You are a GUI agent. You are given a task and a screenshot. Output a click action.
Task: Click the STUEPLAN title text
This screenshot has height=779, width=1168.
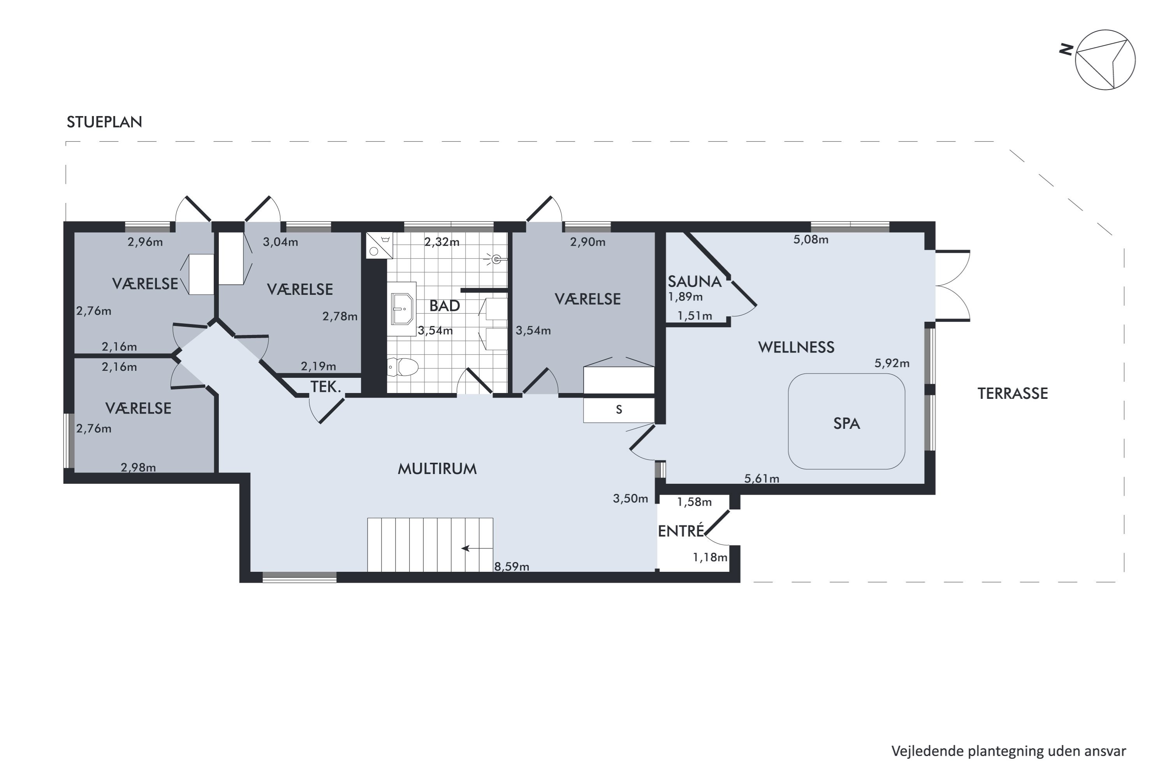click(104, 122)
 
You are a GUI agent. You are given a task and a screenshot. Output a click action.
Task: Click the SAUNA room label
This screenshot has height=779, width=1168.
click(694, 282)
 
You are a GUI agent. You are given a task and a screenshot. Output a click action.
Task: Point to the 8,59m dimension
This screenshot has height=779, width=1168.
click(512, 566)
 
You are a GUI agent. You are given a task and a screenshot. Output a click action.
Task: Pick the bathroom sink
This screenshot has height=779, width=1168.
click(402, 309)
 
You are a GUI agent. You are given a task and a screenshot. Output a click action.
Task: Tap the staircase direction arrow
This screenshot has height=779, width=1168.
click(477, 548)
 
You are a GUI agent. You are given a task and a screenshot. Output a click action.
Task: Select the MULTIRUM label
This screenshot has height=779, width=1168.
click(437, 469)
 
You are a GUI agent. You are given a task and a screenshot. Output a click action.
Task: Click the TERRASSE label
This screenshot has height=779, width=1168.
click(1013, 393)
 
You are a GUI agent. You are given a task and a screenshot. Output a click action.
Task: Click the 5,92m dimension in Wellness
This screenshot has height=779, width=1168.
click(892, 363)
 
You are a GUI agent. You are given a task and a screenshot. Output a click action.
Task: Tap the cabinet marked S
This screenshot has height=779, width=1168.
click(619, 409)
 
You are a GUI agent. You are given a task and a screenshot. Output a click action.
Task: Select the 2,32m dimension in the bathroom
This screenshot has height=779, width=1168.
click(442, 242)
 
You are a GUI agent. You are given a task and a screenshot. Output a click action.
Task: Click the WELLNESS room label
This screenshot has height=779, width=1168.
click(796, 347)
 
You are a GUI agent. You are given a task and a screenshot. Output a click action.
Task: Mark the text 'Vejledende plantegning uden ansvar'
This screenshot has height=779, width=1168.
click(1009, 752)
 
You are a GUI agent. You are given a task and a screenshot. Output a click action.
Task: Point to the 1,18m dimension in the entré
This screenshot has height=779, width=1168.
click(710, 557)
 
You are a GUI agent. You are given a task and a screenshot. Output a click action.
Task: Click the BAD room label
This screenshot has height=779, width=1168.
click(445, 305)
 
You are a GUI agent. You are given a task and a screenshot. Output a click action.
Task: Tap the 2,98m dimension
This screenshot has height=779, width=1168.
click(138, 467)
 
